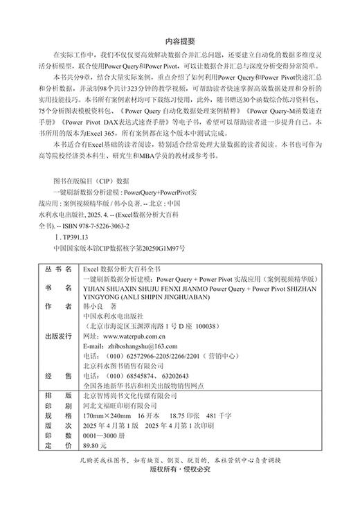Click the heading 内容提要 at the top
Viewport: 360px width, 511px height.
point(180,40)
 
